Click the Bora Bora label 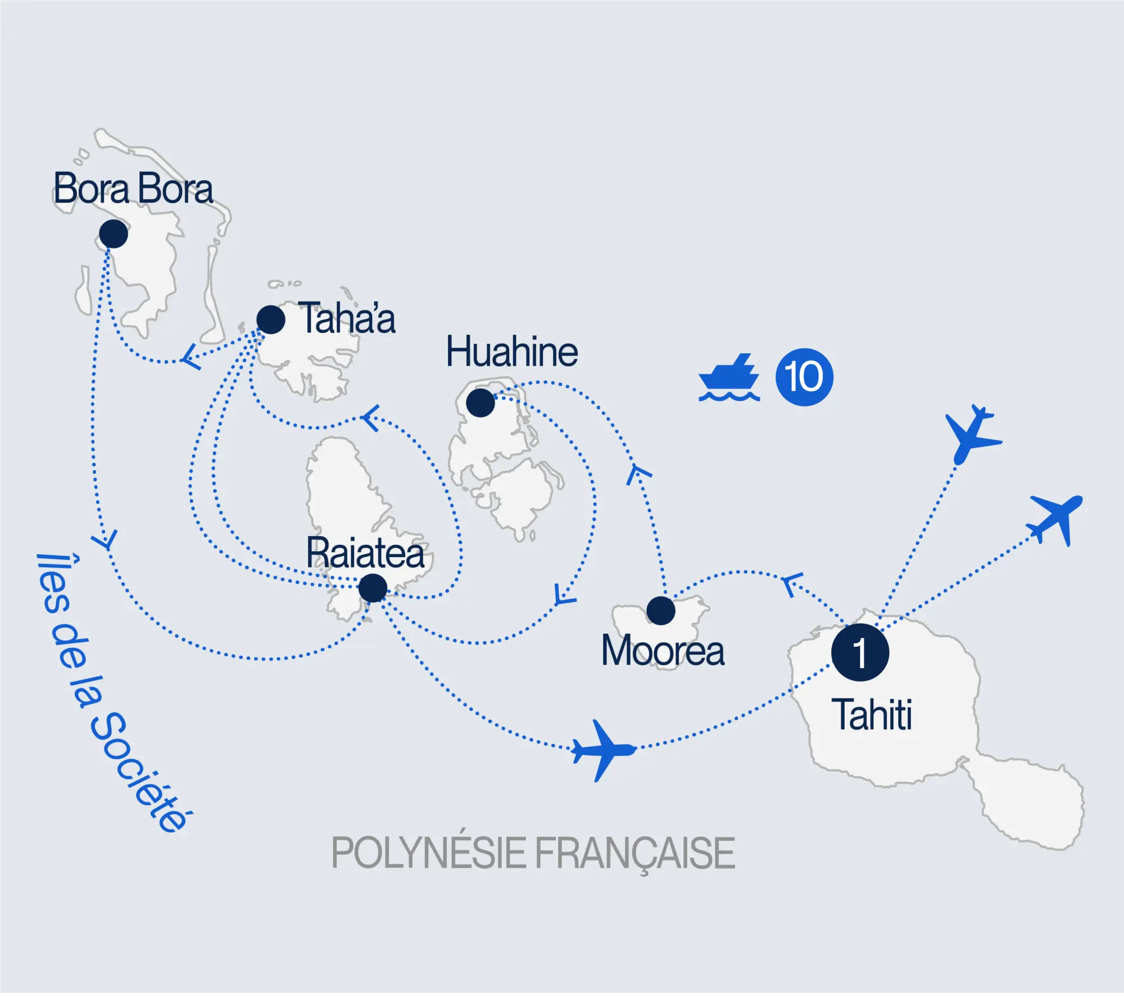(133, 189)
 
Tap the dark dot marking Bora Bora (114, 234)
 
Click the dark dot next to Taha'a (270, 320)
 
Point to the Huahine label (511, 352)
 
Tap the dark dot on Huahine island (481, 403)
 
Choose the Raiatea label (365, 553)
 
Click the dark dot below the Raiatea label (373, 588)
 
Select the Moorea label (663, 651)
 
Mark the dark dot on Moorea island (661, 611)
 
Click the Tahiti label (874, 715)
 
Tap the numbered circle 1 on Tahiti (860, 652)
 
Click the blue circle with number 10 (804, 377)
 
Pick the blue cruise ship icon (729, 378)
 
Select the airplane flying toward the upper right (1055, 518)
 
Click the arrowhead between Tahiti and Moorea (792, 584)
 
